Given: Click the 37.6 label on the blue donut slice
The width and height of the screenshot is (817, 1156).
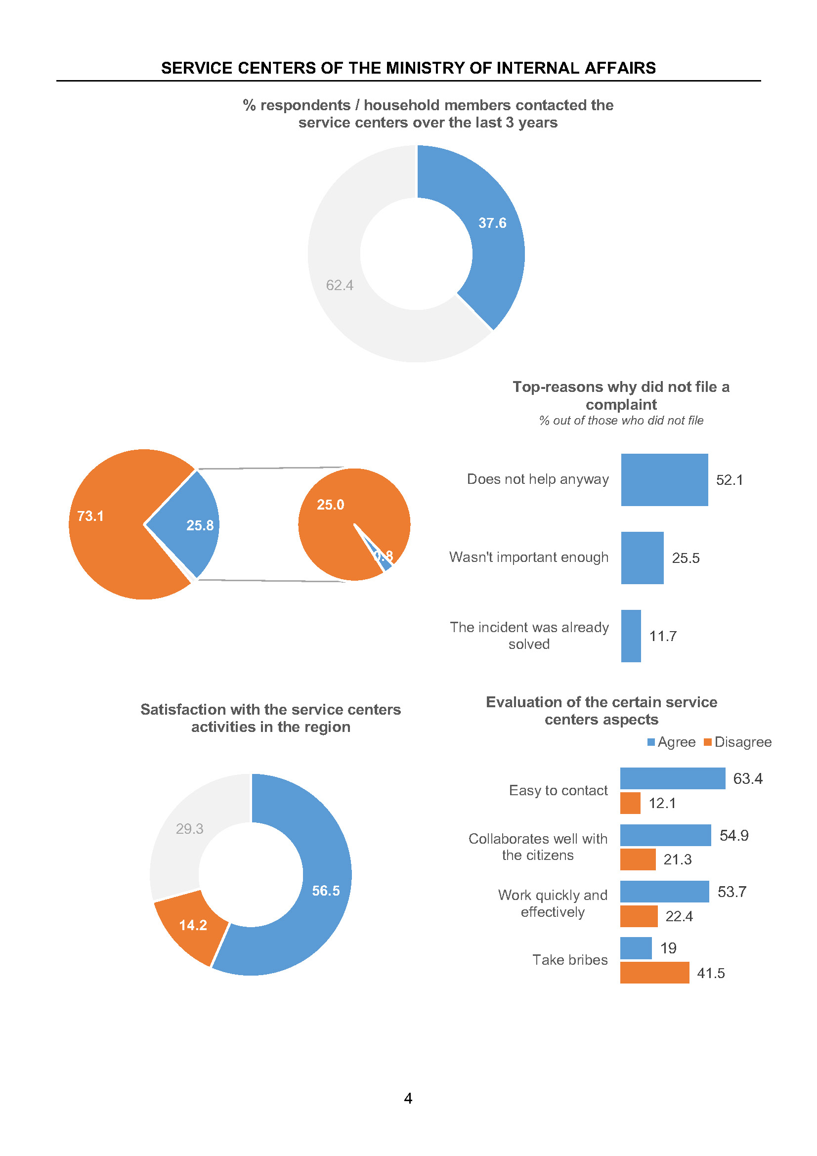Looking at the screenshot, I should coord(492,223).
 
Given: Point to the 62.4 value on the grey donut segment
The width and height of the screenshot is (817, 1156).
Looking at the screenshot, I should coord(339,286).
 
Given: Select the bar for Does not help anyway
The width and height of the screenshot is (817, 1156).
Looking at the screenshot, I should coord(664,479).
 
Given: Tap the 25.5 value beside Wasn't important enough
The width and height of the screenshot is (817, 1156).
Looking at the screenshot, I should coord(685,558).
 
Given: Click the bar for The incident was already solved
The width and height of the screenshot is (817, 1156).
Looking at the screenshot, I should coord(630,636).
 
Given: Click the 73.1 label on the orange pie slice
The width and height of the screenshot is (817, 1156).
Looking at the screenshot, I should coord(90,516).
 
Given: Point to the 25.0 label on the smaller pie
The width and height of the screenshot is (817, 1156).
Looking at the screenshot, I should coord(330,505).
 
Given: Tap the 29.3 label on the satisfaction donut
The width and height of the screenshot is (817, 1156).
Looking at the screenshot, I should coord(189,829).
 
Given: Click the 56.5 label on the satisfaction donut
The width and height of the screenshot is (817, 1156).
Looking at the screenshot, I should coord(326,891).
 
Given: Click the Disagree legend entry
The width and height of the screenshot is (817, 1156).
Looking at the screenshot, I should coord(738,742).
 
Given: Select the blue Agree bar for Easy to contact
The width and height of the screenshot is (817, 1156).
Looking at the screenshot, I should coord(672,778).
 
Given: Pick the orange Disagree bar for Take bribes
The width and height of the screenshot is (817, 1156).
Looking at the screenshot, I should coord(654,973).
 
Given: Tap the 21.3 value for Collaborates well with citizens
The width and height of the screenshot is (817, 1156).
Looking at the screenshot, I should coord(677,859).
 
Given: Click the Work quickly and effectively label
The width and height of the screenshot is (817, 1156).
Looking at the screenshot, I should coord(552,903).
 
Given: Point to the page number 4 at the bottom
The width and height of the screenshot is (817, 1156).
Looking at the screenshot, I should coord(408,1098).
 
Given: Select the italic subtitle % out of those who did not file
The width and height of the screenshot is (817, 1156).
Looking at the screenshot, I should coord(621,421).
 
